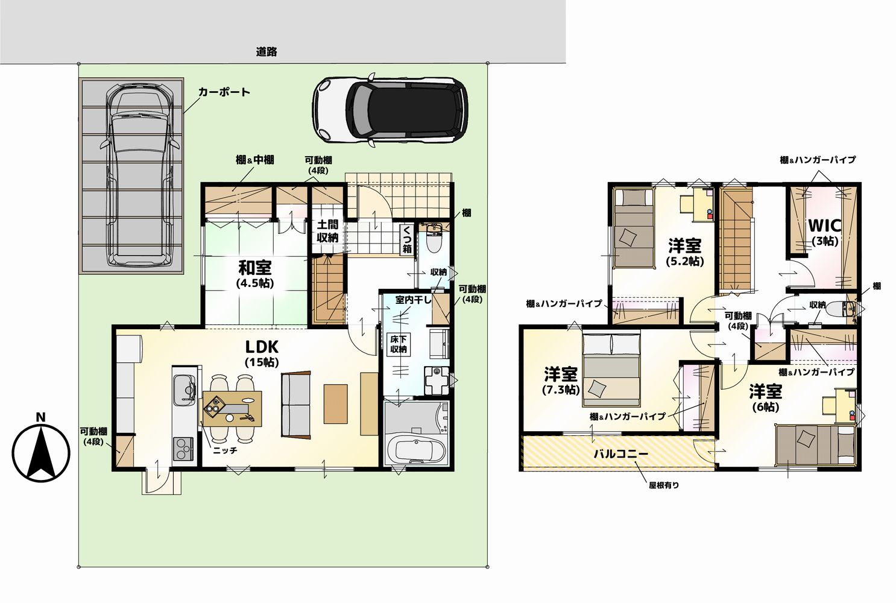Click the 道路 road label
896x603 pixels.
pyautogui.click(x=267, y=52)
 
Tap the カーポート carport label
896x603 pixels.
pyautogui.click(x=224, y=92)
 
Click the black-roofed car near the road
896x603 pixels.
pyautogui.click(x=390, y=110)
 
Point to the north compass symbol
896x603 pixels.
pyautogui.click(x=41, y=450)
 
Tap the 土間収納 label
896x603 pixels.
pyautogui.click(x=327, y=231)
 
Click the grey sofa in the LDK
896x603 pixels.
pyautogui.click(x=295, y=405)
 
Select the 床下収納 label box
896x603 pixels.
pyautogui.click(x=399, y=345)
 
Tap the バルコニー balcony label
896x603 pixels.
pyautogui.click(x=621, y=453)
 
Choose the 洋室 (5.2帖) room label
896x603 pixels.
pyautogui.click(x=685, y=253)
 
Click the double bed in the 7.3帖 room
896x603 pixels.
pyautogui.click(x=611, y=370)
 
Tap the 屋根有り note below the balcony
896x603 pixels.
pyautogui.click(x=664, y=485)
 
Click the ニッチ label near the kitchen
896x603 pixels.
pyautogui.click(x=225, y=450)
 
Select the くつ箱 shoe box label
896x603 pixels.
pyautogui.click(x=407, y=239)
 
